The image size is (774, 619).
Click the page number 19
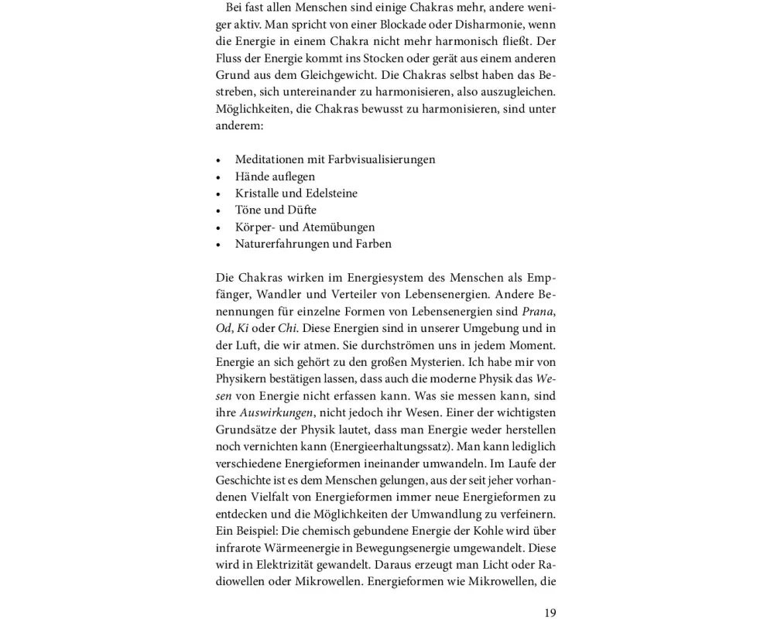(x=550, y=613)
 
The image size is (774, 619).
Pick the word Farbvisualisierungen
(x=382, y=159)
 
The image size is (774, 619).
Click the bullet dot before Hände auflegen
(x=218, y=177)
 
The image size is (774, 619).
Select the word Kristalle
(x=259, y=193)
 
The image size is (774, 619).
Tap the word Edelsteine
(x=330, y=193)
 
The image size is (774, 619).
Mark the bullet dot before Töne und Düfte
(x=218, y=210)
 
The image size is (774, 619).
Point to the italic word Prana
(x=538, y=311)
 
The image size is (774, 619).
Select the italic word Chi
(x=287, y=328)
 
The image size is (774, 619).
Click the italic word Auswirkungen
(x=276, y=413)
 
